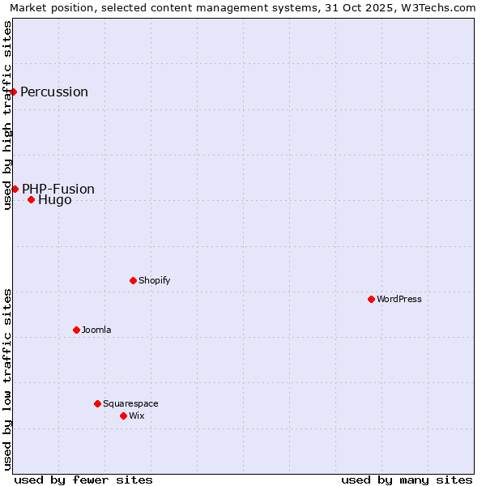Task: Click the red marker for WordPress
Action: [371, 299]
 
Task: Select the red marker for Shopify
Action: [133, 280]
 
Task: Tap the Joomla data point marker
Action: [76, 330]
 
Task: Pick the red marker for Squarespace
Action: [97, 403]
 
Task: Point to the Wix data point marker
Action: [123, 416]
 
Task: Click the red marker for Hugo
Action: [31, 199]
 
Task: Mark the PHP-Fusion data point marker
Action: [15, 189]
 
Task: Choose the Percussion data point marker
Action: [14, 92]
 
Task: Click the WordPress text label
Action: [399, 299]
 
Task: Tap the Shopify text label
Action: [154, 280]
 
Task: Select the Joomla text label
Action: [96, 330]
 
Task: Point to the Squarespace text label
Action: [130, 403]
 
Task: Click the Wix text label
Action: [136, 416]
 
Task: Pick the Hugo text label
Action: [54, 200]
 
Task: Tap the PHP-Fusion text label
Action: [58, 189]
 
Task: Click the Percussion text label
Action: [54, 92]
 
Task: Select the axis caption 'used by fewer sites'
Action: [83, 480]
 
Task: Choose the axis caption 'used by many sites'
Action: [407, 480]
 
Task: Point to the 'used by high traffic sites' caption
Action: [8, 115]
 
